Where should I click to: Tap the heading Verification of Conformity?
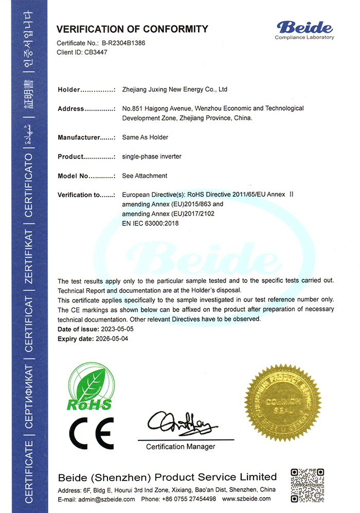132,29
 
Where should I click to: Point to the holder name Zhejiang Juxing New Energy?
174,90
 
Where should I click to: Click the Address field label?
70,109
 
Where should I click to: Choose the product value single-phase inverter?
152,156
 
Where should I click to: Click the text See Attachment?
145,176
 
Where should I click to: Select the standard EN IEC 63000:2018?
150,223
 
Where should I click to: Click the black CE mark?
91,433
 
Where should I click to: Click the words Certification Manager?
181,447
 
